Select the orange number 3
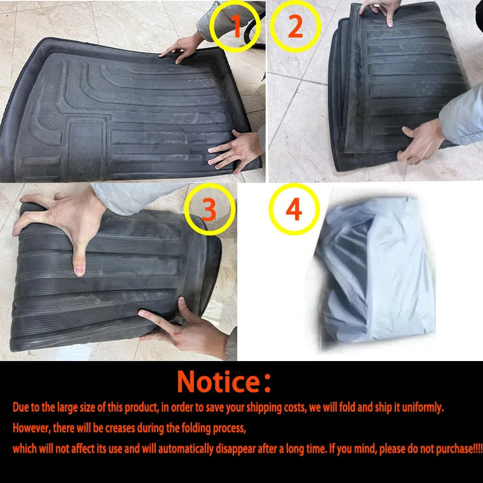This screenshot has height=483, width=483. click(208, 209)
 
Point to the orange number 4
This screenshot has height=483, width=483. click(293, 209)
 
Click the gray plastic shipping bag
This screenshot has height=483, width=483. click(374, 272)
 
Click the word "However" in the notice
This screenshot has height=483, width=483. click(34, 428)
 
